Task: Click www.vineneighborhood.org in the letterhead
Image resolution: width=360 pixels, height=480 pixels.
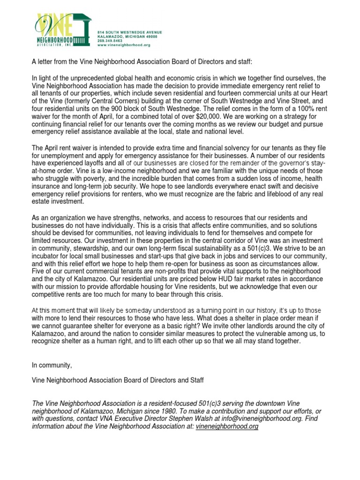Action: [123, 45]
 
